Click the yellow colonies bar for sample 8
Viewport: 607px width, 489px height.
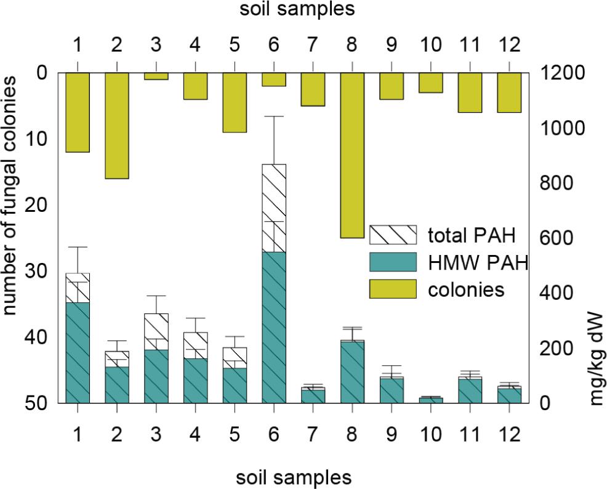pos(352,155)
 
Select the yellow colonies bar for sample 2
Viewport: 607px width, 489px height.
pos(117,126)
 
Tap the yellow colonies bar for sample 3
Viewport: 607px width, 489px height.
pos(156,76)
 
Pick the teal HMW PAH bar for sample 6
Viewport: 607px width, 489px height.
pos(274,328)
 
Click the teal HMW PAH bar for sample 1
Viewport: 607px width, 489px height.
pos(78,353)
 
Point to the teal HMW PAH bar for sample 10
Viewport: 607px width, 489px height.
pos(431,400)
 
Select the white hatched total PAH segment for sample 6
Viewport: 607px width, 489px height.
pos(274,208)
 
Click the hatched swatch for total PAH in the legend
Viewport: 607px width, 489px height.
pos(393,235)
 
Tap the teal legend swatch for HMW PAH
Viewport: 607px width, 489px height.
pos(393,262)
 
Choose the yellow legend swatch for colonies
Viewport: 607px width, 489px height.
pos(393,289)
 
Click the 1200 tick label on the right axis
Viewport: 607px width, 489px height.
pos(562,73)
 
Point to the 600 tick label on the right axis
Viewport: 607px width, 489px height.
pos(557,238)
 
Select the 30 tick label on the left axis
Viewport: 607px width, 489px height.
pos(36,271)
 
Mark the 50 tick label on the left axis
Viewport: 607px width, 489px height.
pos(36,403)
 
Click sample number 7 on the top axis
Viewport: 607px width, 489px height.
pos(313,45)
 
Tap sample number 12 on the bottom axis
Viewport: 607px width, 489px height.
pos(509,434)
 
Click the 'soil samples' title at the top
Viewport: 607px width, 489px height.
pos(297,9)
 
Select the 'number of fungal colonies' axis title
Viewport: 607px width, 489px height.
pos(10,195)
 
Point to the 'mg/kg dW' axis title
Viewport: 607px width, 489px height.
pos(596,358)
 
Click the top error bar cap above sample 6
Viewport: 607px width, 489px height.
pos(274,116)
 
